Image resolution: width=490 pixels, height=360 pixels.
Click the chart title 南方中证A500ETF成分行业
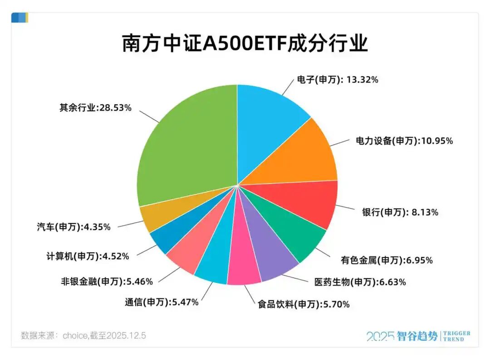245,44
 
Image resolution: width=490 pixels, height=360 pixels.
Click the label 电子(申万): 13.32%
337,80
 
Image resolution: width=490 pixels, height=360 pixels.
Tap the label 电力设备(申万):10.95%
404,141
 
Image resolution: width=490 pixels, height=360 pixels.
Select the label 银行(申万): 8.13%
400,212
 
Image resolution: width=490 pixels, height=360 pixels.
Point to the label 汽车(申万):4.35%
73,227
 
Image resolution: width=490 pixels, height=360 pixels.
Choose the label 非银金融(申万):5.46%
107,281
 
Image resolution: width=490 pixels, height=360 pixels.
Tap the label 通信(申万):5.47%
161,302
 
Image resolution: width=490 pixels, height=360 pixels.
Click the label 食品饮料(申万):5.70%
304,305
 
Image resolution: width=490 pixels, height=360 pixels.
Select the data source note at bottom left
83,336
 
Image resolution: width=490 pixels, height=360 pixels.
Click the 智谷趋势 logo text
417,336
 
